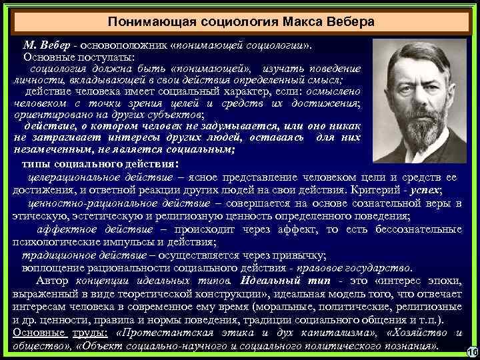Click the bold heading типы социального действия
pyautogui.click(x=100, y=164)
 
